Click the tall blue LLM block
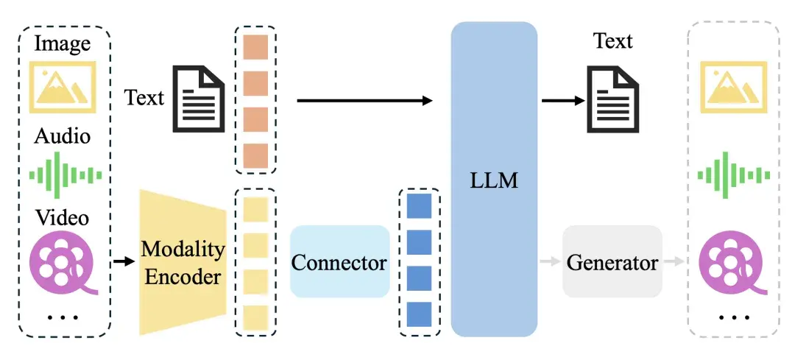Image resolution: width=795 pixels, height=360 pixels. pos(494,179)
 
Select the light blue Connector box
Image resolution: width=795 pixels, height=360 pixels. pos(339,261)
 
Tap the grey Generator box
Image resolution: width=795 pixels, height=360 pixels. pos(612,261)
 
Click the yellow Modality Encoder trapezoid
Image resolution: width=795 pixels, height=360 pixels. pos(183,261)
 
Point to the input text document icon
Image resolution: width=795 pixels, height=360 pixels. pos(199,96)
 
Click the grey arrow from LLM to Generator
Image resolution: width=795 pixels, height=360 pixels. pos(549,261)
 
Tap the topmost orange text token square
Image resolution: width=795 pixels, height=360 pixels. pos(255,47)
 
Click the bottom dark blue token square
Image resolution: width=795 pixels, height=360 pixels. pos(418,314)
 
